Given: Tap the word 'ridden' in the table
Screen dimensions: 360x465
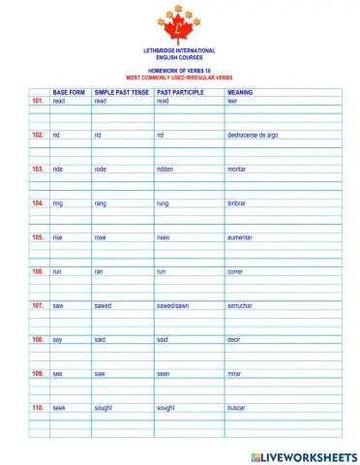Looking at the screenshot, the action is click(x=166, y=169).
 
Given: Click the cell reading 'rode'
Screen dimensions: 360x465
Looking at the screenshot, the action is click(x=101, y=169).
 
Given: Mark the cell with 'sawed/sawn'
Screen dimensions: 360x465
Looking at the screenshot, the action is click(x=175, y=305).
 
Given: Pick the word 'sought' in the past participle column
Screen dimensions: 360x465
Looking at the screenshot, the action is click(x=165, y=408).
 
